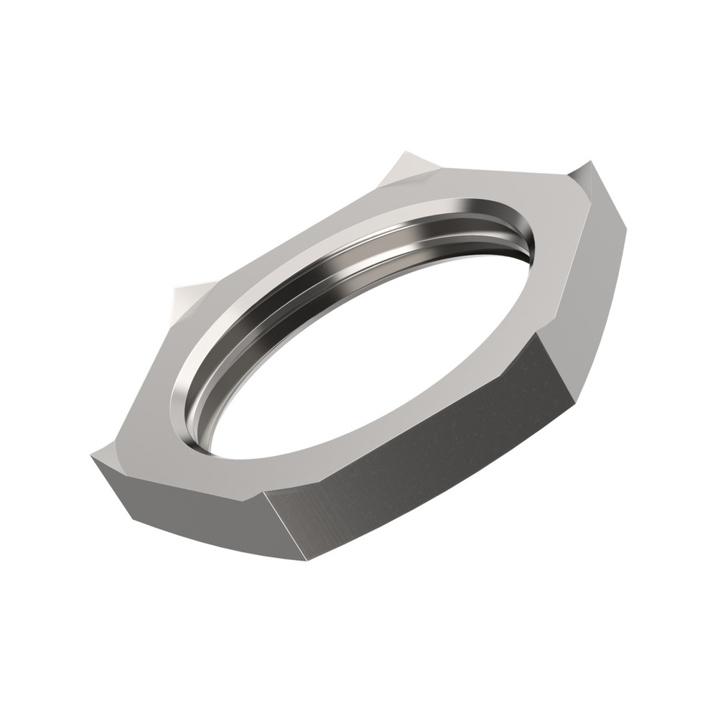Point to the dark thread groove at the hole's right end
point(531,244)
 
